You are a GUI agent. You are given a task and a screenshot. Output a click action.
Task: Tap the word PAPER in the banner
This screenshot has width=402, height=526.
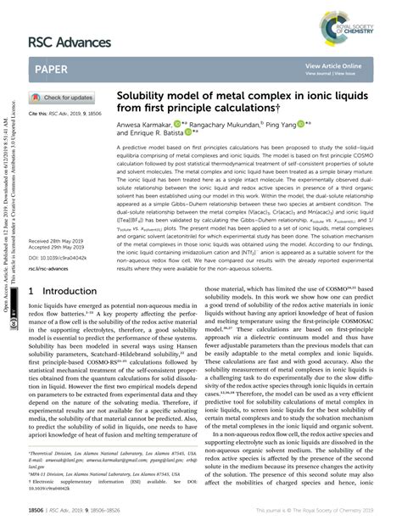[x=56, y=70]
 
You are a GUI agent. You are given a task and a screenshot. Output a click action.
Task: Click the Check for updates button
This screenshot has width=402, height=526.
[x=64, y=98]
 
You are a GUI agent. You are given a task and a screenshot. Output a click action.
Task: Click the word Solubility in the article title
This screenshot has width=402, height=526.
[x=142, y=98]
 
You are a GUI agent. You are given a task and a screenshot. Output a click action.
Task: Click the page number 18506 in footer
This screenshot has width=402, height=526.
[x=39, y=513]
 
